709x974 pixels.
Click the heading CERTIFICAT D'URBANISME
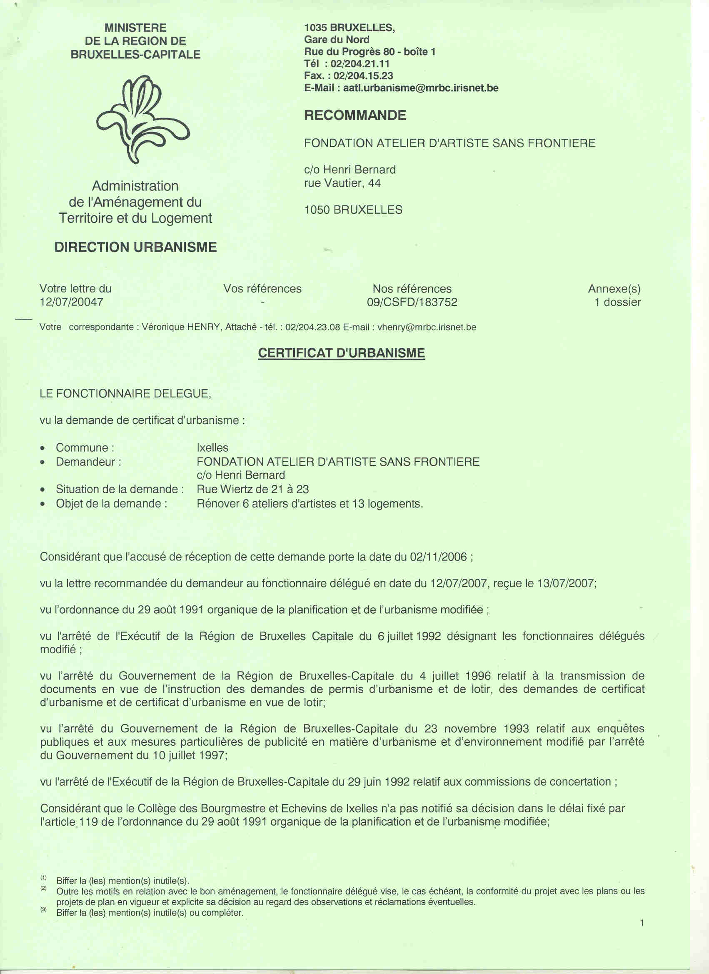pos(342,353)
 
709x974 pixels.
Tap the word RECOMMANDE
pos(355,115)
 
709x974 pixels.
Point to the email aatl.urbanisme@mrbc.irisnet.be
pos(420,88)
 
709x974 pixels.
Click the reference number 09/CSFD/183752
pos(412,302)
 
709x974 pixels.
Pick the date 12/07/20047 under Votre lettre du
pos(71,302)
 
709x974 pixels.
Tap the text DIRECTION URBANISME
pos(135,247)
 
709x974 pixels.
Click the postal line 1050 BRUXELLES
pos(353,210)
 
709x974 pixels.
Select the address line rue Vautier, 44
pos(342,183)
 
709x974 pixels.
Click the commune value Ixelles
pos(212,447)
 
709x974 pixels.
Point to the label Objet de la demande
pos(111,503)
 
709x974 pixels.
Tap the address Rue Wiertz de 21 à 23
pos(252,489)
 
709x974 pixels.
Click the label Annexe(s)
pos(614,289)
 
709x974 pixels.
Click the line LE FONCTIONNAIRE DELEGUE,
pos(125,393)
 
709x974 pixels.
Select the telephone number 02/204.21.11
pos(360,64)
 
